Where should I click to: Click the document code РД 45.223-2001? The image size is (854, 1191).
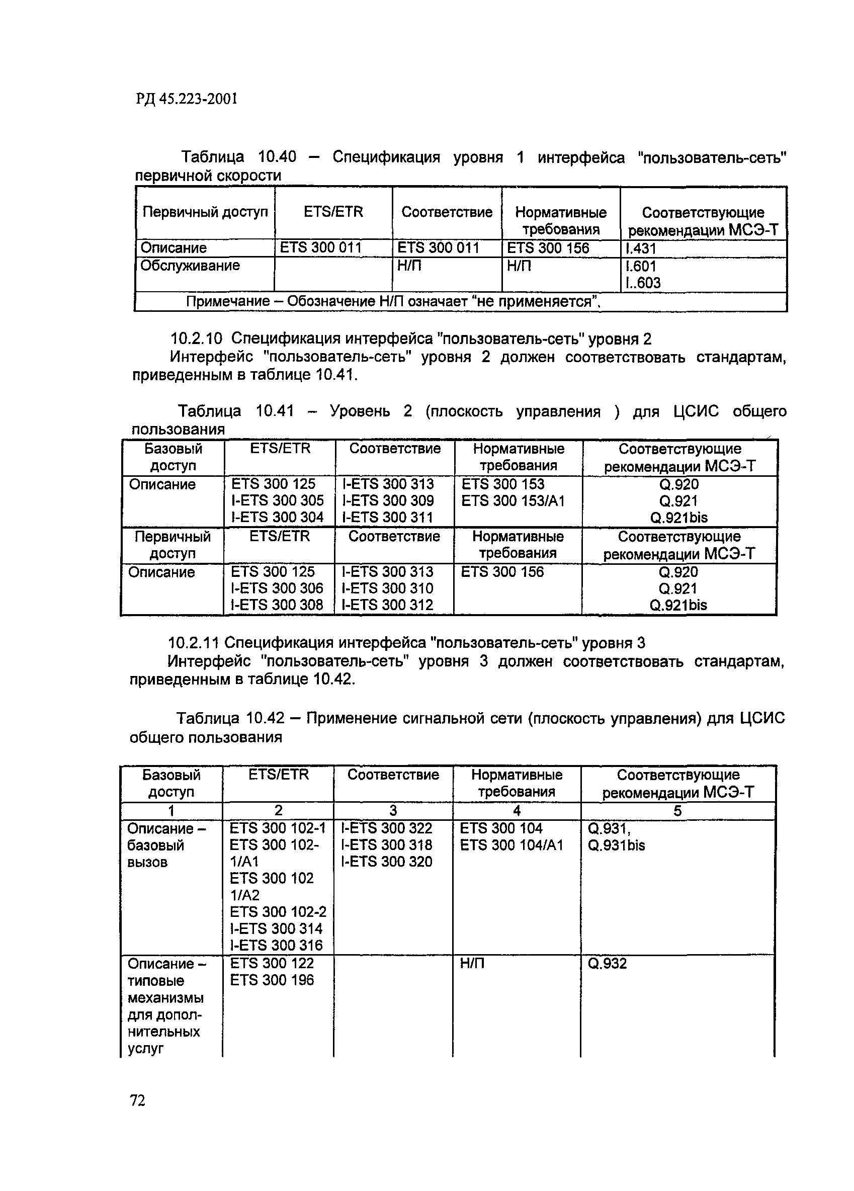(187, 99)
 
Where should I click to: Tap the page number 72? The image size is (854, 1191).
(137, 1100)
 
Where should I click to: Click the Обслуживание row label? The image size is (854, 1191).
(190, 266)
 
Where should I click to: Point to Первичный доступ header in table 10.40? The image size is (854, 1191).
(205, 212)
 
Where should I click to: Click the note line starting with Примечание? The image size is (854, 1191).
(393, 302)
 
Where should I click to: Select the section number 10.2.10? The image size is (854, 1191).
(198, 338)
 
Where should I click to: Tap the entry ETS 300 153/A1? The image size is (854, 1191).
(513, 501)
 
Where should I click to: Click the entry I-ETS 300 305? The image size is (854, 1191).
(277, 500)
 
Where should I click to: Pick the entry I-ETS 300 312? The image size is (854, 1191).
(387, 605)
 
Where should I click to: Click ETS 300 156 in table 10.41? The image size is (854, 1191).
(502, 572)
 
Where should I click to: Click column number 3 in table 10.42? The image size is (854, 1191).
(393, 810)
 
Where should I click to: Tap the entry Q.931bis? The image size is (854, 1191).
(616, 845)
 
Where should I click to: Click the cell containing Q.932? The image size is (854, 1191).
(607, 964)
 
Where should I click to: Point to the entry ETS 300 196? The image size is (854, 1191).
(272, 980)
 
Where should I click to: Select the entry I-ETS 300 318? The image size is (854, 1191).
(387, 845)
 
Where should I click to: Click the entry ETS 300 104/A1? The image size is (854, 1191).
(511, 845)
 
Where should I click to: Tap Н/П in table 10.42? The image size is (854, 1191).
(472, 964)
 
